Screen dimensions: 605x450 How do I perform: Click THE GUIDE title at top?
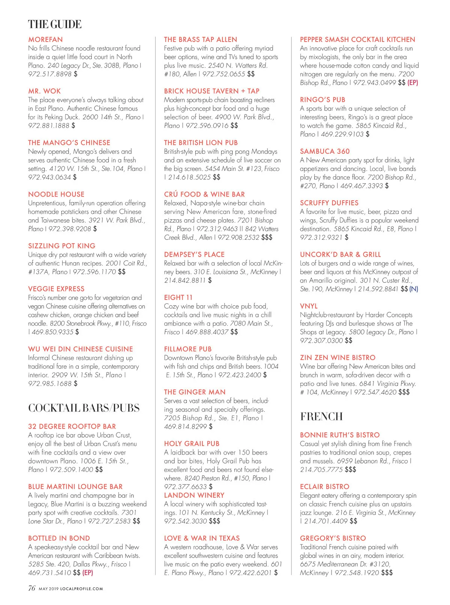55,25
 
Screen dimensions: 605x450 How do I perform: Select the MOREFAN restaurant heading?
45,40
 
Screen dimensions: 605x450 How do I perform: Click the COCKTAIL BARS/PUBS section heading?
84,408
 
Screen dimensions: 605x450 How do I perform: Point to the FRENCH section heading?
321,417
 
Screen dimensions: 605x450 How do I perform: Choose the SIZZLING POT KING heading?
62,246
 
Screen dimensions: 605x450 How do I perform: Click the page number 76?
32,588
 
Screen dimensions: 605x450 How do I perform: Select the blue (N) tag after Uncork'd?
414,289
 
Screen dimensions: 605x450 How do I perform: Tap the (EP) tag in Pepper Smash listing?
413,83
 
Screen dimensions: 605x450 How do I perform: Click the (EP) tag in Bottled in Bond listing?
88,573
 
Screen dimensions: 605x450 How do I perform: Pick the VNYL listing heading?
309,306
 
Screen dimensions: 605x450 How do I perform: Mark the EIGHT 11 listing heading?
178,297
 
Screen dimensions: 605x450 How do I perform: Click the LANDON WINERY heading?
194,495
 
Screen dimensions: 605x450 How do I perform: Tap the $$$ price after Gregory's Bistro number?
387,573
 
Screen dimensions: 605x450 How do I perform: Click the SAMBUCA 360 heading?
325,152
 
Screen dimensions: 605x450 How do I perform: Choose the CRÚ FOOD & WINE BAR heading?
204,194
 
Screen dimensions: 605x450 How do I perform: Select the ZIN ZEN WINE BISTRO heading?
337,358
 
